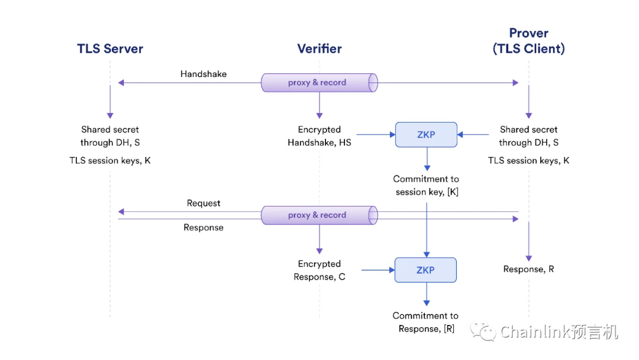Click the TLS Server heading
110,49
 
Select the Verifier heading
319,49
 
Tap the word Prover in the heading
528,33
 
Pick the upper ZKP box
426,134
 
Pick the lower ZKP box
426,270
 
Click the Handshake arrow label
204,74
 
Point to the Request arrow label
204,203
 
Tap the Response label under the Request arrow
204,227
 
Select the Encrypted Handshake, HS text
319,136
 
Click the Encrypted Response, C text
319,270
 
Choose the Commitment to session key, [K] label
426,185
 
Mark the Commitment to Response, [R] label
426,322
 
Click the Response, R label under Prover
528,269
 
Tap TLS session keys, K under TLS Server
110,160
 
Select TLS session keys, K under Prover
528,160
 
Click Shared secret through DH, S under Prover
528,136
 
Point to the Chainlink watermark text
559,332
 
